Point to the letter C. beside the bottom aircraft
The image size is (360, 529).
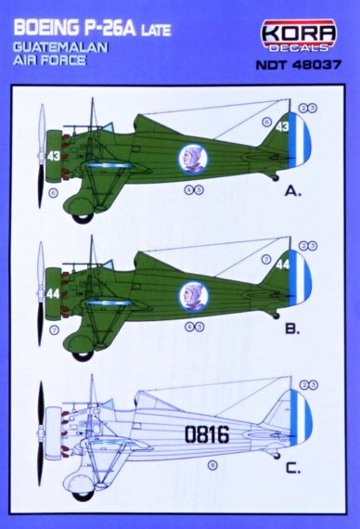click(x=293, y=469)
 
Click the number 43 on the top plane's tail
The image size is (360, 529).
click(x=283, y=126)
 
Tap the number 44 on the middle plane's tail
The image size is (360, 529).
click(x=283, y=264)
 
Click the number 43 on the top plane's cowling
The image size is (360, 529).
click(x=54, y=156)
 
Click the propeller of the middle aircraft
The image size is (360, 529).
click(x=41, y=292)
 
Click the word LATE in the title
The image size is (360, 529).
click(x=151, y=18)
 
